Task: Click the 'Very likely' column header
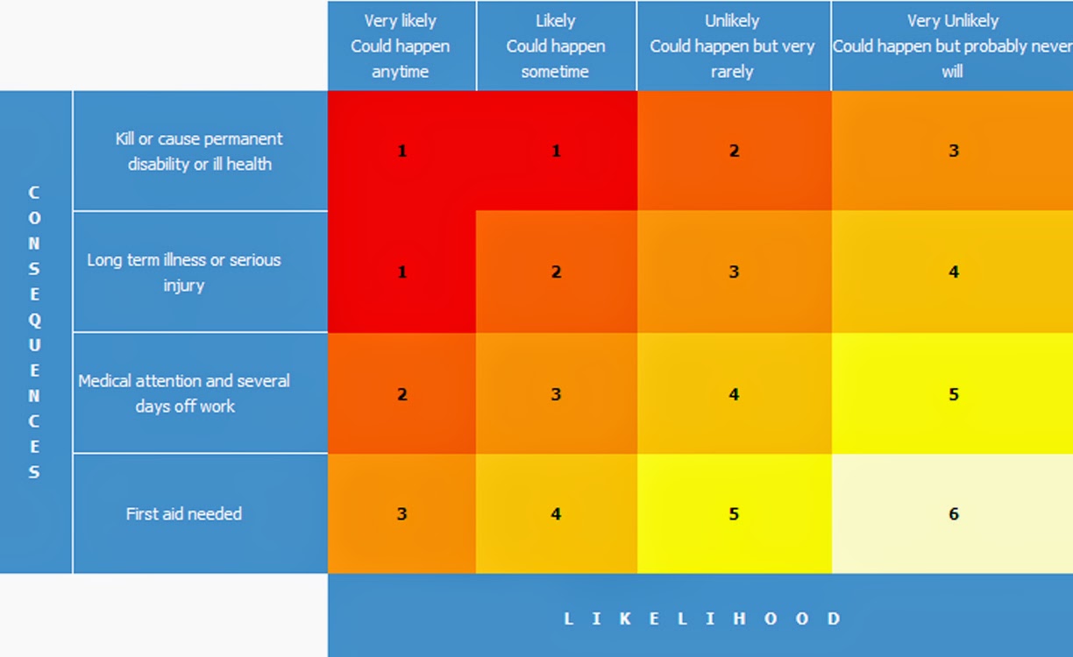click(x=401, y=46)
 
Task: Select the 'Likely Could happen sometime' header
click(x=556, y=46)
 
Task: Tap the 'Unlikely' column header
click(x=733, y=46)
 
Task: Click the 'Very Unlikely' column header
click(x=952, y=46)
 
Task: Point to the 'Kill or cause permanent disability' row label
click(x=200, y=151)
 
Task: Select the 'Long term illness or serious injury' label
click(x=184, y=272)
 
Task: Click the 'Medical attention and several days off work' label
click(x=184, y=393)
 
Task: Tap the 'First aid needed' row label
click(x=184, y=514)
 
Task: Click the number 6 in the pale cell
click(x=954, y=514)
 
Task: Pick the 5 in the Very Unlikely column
click(x=954, y=394)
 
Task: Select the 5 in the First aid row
click(x=734, y=514)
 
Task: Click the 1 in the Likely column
click(x=556, y=151)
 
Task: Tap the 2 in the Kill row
click(x=734, y=151)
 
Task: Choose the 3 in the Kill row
click(x=954, y=151)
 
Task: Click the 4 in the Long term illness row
click(x=954, y=272)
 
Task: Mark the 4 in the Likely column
click(x=556, y=514)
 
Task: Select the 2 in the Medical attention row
click(x=401, y=394)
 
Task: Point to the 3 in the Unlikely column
click(x=734, y=272)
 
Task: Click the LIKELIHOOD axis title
click(x=701, y=618)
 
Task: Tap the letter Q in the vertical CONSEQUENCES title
click(x=34, y=320)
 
